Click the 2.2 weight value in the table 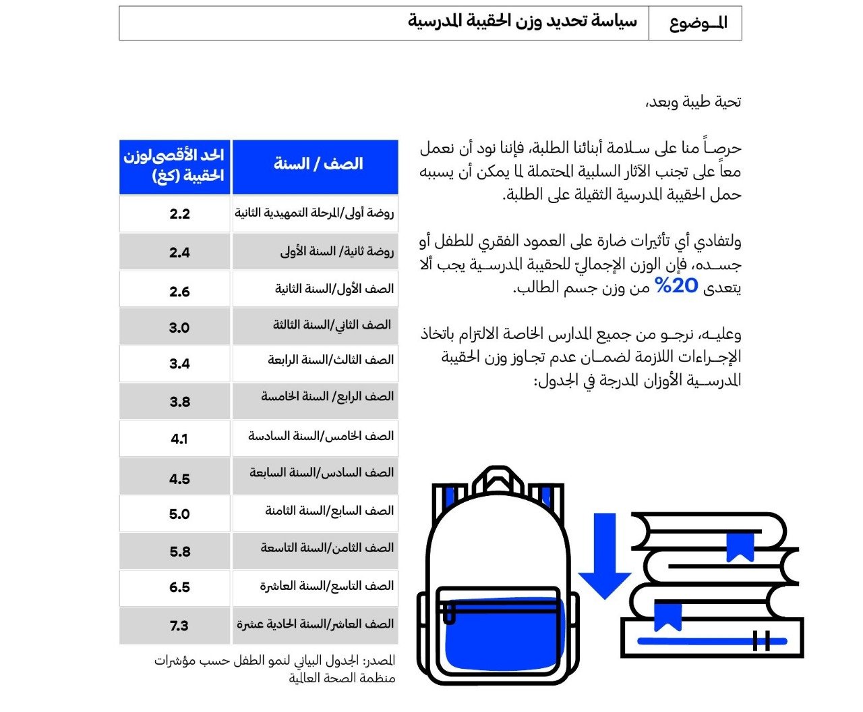coord(179,214)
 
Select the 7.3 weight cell coord(179,626)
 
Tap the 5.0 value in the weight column coord(179,514)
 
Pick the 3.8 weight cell coord(179,402)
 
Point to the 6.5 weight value coord(179,587)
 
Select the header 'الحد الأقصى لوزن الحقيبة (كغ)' coord(174,166)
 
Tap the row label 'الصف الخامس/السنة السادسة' coord(321,436)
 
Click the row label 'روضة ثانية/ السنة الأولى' coord(336,252)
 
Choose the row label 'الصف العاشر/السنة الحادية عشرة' coord(315,624)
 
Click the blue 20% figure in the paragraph coord(676,285)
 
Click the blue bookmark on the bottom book coord(667,616)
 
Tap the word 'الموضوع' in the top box coord(698,24)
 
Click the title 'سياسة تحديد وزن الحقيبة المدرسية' coord(522,22)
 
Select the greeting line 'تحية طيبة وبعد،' coord(693,102)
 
